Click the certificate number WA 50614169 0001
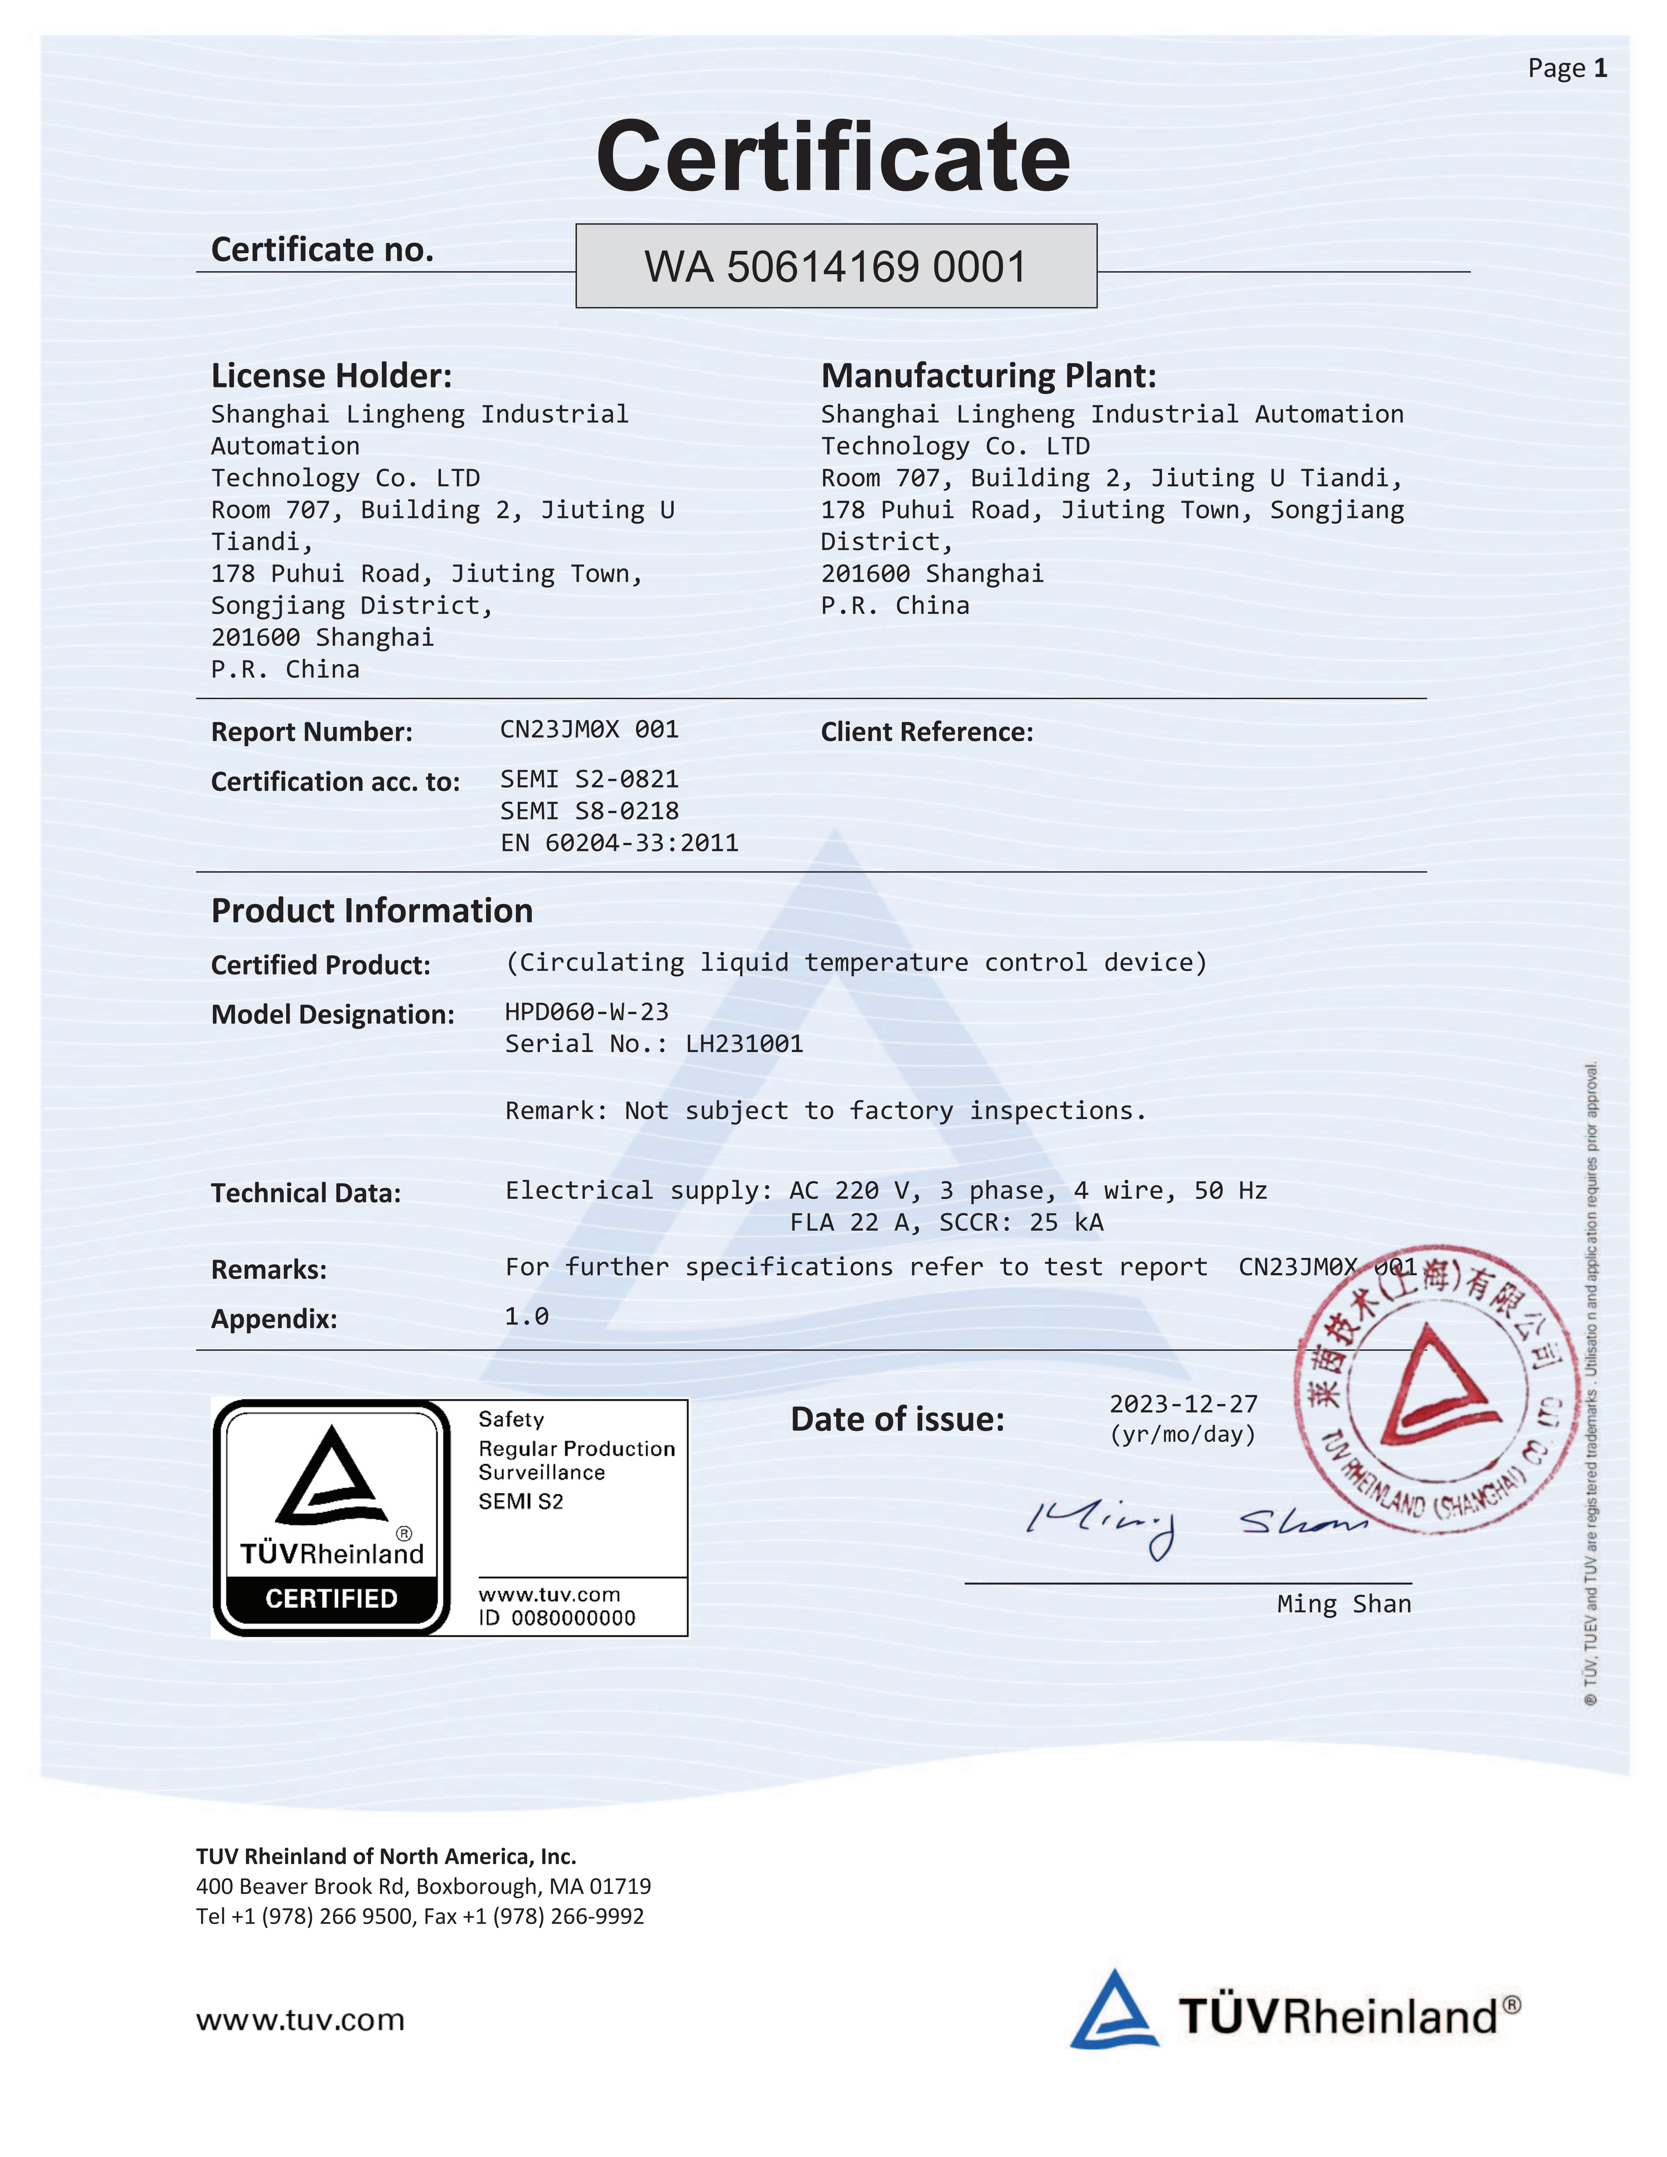(835, 267)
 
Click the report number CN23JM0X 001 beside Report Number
(589, 730)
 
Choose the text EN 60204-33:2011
(619, 843)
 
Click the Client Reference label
(926, 732)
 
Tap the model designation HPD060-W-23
(587, 1012)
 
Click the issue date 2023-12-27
(1183, 1403)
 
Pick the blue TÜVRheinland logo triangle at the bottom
(1113, 2011)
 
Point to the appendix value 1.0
(526, 1316)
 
